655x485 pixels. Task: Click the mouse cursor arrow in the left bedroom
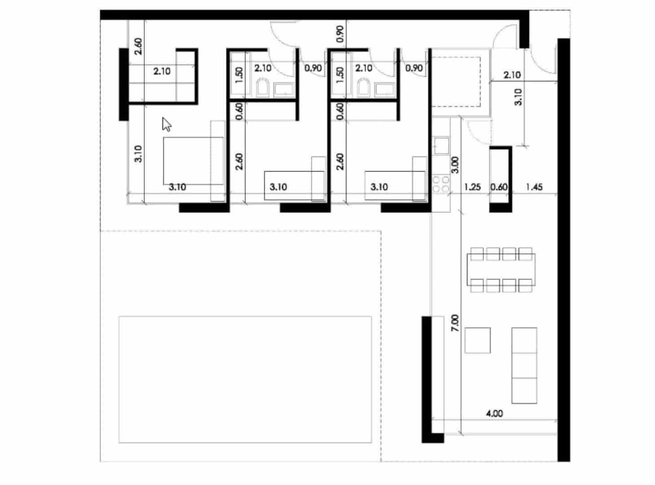pyautogui.click(x=167, y=124)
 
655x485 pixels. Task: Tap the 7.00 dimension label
pyautogui.click(x=455, y=323)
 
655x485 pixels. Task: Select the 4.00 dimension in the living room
pyautogui.click(x=494, y=413)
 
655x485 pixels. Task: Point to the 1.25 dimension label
pyautogui.click(x=472, y=187)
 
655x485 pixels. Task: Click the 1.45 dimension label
pyautogui.click(x=534, y=187)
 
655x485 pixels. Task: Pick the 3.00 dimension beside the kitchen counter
pyautogui.click(x=455, y=165)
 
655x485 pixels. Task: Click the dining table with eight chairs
pyautogui.click(x=500, y=269)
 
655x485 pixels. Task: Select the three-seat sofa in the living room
pyautogui.click(x=524, y=365)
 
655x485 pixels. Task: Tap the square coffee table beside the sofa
pyautogui.click(x=477, y=340)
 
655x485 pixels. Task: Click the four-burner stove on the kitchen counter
pyautogui.click(x=441, y=184)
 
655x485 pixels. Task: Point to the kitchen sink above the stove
pyautogui.click(x=441, y=145)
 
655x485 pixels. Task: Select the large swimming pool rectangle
pyautogui.click(x=245, y=379)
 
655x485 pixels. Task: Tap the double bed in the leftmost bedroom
pyautogui.click(x=193, y=161)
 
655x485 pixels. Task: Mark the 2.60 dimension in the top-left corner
pyautogui.click(x=138, y=46)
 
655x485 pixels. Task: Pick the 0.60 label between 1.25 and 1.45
pyautogui.click(x=499, y=187)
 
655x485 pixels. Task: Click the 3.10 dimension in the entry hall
pyautogui.click(x=518, y=97)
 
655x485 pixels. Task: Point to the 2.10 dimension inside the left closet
pyautogui.click(x=162, y=71)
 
